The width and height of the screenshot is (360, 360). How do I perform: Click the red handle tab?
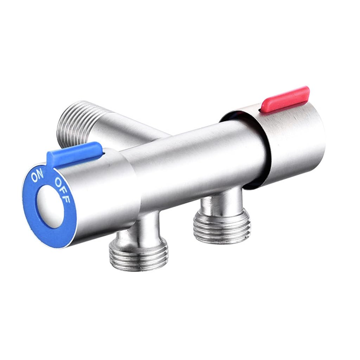click(x=285, y=99)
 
